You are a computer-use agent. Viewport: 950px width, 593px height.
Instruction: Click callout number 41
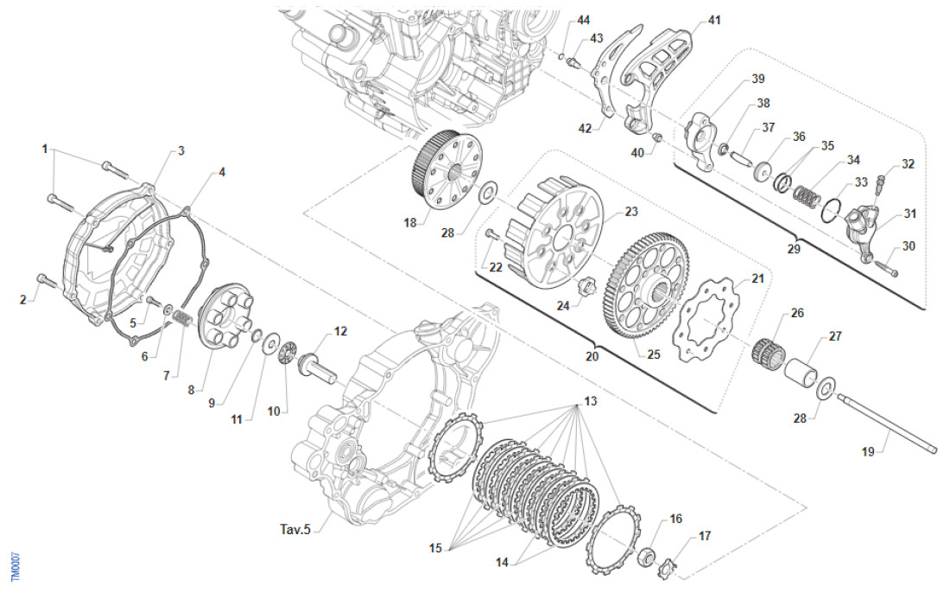pos(713,19)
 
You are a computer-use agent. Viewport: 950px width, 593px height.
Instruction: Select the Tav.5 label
pos(295,528)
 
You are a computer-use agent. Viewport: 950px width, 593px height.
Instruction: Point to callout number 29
pos(795,249)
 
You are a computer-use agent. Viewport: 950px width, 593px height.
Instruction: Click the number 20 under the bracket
pos(592,355)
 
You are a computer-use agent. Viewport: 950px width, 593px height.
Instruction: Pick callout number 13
pos(590,401)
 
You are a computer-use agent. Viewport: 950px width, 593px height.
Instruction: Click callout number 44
pos(584,19)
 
